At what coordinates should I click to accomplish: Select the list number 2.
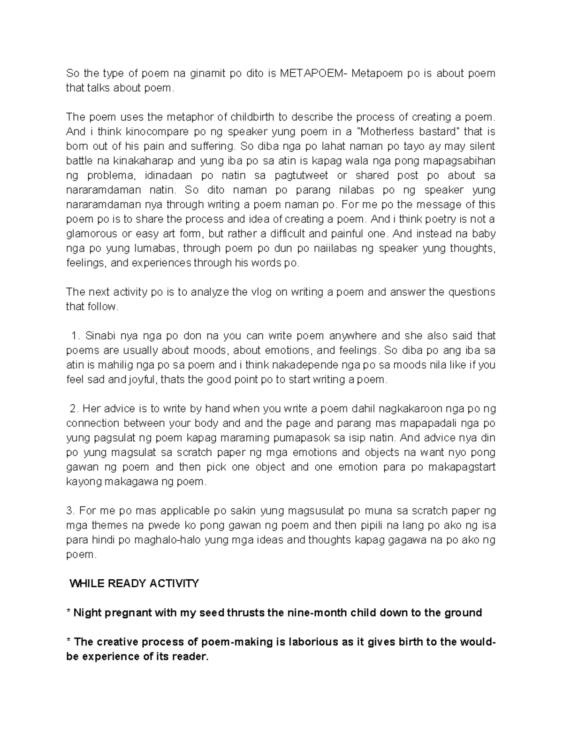[x=74, y=409]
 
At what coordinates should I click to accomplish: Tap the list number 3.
[x=70, y=511]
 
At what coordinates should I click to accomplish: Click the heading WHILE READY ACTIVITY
[x=134, y=583]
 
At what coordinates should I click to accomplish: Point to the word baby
[x=484, y=233]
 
